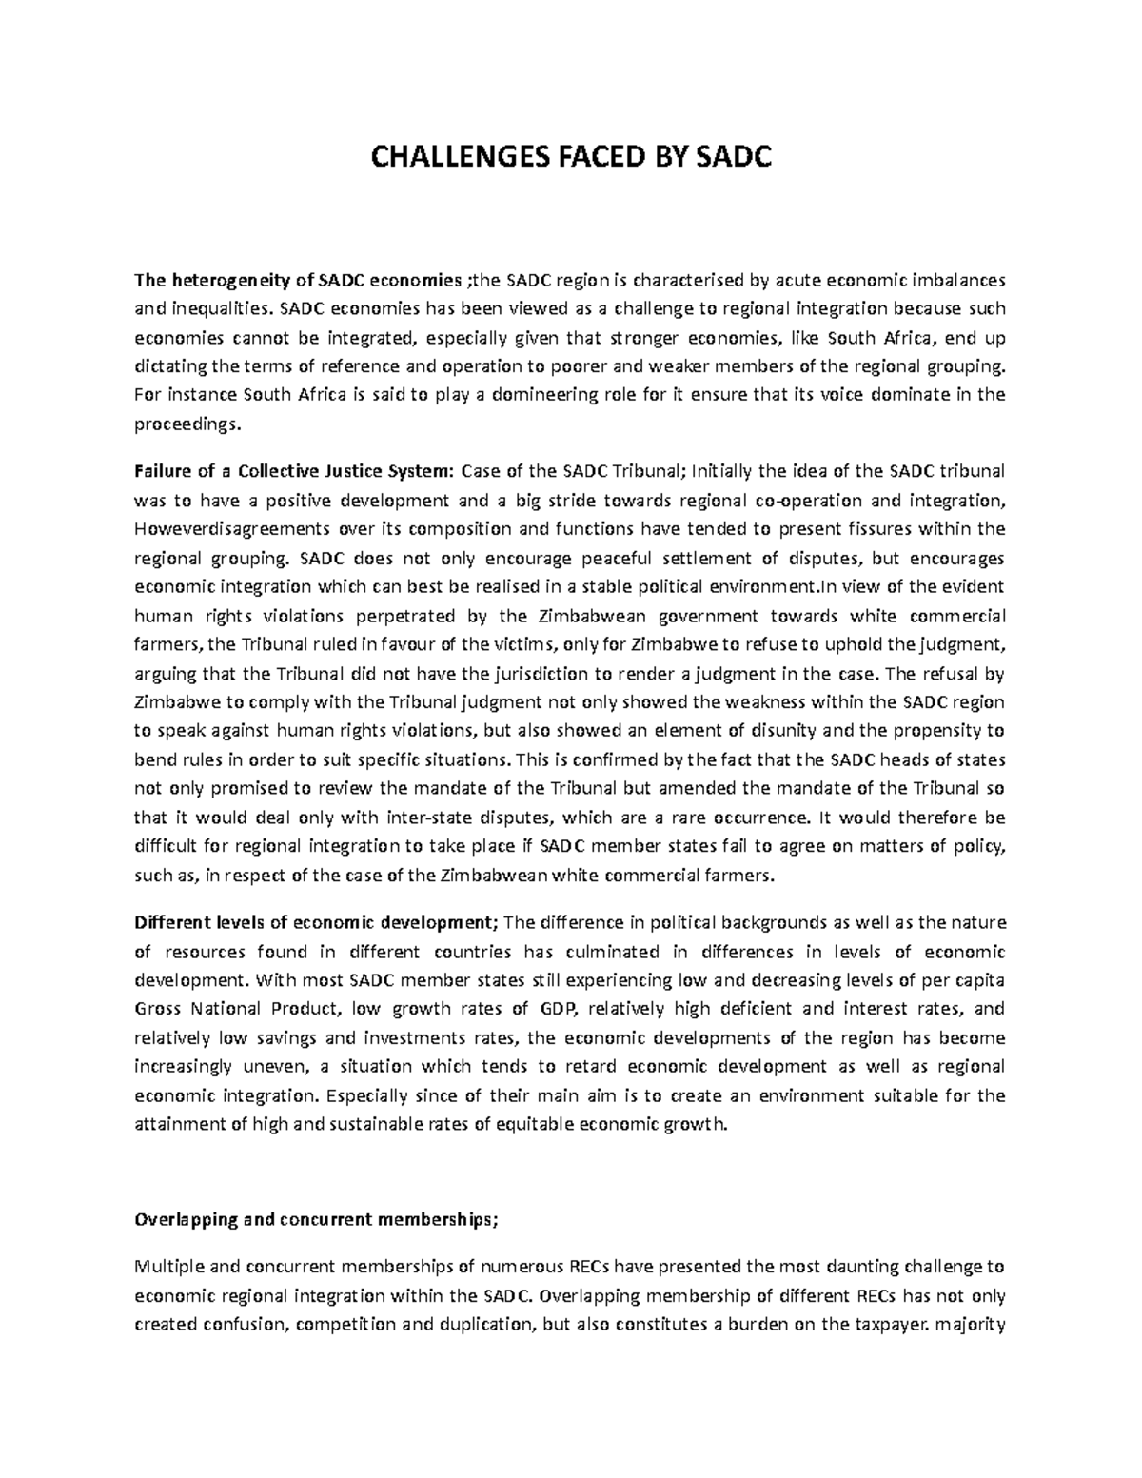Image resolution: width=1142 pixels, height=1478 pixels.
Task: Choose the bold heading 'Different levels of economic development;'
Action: tap(316, 922)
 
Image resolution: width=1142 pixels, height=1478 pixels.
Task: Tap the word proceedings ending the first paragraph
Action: tap(186, 424)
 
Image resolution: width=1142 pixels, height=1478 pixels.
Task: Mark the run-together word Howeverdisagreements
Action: tap(215, 529)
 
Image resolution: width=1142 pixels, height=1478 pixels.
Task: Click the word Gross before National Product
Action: tap(159, 1009)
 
